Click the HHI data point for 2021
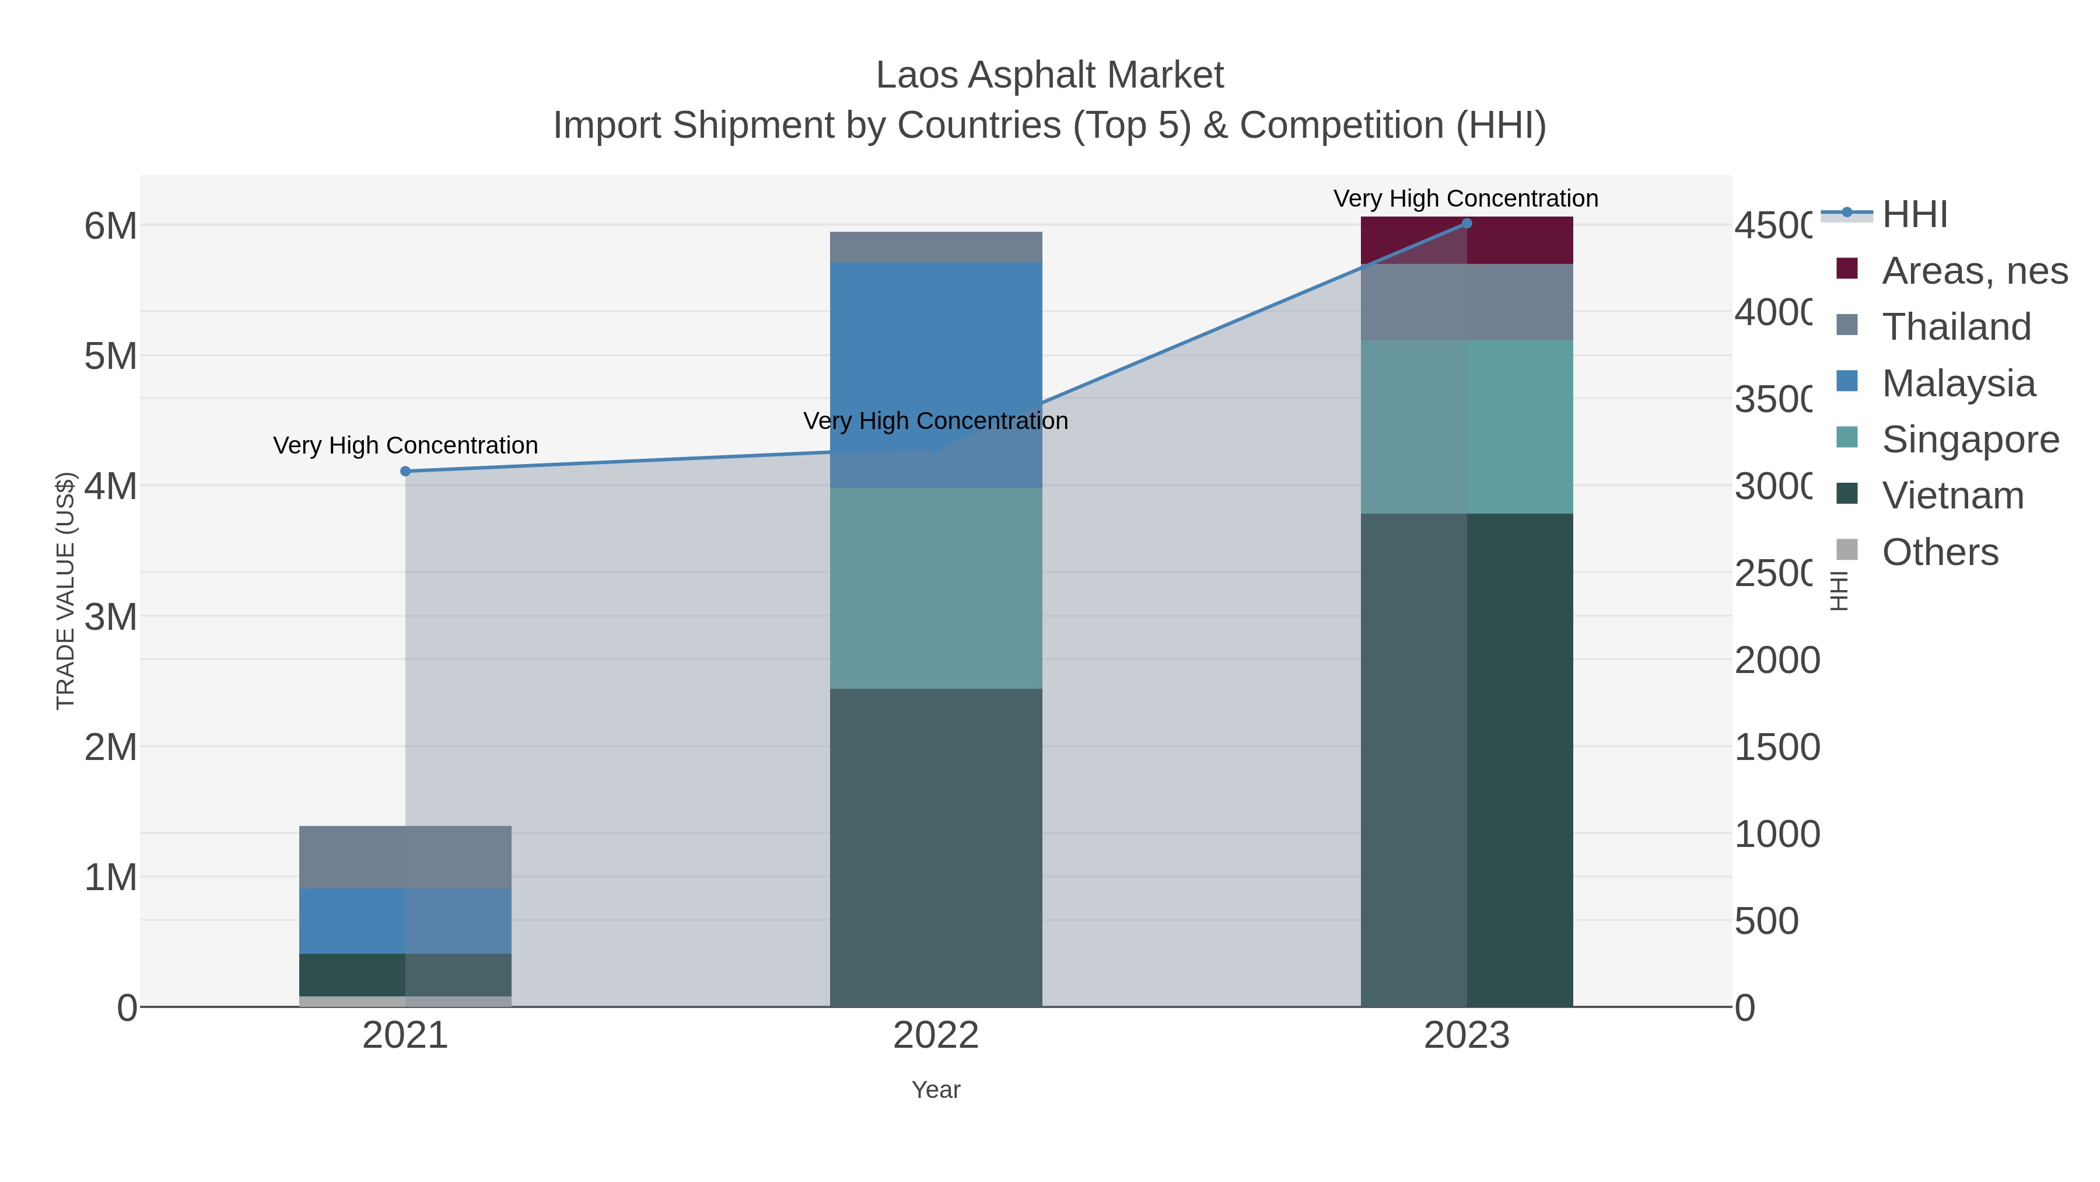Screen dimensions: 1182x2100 tap(405, 472)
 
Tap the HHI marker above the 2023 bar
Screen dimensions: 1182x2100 tap(1466, 224)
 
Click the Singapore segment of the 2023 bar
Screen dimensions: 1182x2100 tap(1466, 427)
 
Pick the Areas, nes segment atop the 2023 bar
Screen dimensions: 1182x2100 tap(1466, 240)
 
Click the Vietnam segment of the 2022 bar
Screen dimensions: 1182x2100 tap(936, 848)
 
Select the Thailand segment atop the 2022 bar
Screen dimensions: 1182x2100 tap(936, 247)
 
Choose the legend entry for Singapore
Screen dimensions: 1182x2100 tap(1969, 440)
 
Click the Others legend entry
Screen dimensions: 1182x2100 tap(1940, 552)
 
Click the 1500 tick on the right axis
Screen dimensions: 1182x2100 tap(1777, 747)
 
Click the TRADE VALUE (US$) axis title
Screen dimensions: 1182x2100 tap(65, 591)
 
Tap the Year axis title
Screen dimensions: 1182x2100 tap(936, 1090)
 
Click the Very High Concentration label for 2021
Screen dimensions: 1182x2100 tap(405, 445)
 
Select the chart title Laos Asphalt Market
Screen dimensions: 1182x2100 tap(1049, 75)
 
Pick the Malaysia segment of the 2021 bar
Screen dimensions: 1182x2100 tap(405, 921)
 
